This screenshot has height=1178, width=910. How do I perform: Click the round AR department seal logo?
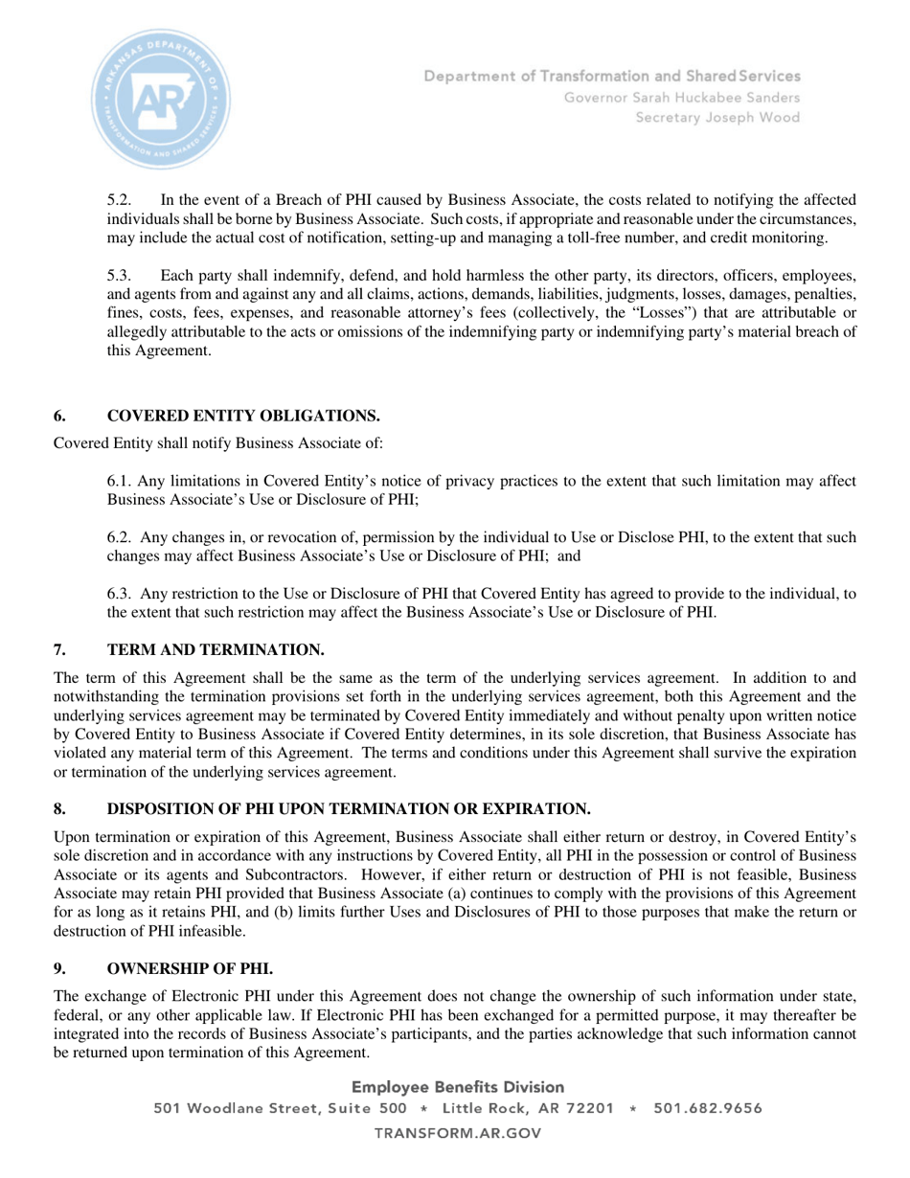point(161,99)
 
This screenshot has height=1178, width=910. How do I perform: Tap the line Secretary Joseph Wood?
point(718,118)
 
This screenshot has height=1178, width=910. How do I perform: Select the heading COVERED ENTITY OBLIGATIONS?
point(243,416)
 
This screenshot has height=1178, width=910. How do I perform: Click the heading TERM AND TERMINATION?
point(216,650)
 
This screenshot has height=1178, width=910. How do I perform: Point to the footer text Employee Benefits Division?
point(458,1087)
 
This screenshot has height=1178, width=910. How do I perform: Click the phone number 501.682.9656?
point(708,1109)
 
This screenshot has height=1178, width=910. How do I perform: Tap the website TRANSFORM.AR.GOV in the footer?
point(458,1133)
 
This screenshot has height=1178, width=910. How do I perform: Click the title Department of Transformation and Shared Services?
point(613,76)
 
